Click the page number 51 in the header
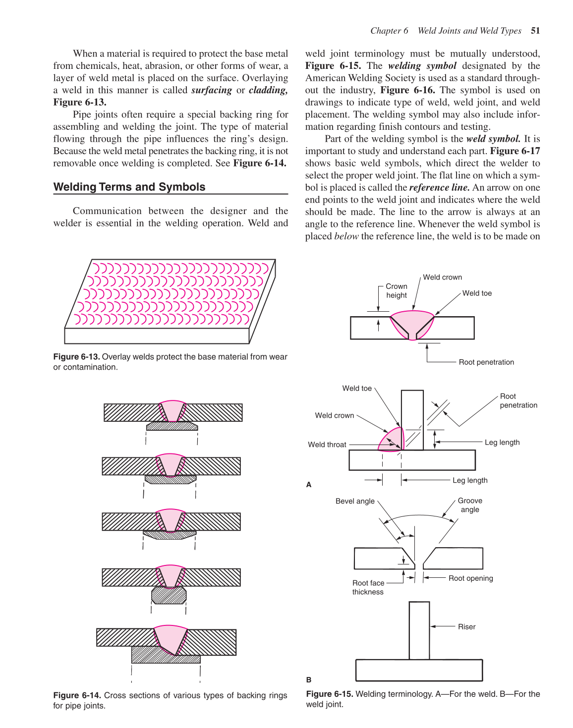click(x=535, y=31)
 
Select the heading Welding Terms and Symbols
click(x=129, y=187)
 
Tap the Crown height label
click(x=397, y=291)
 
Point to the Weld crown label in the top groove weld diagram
click(x=442, y=278)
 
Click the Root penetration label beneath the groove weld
click(x=486, y=362)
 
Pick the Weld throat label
click(x=327, y=445)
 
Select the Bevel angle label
click(x=355, y=501)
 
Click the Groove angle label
click(x=470, y=505)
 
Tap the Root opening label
click(x=470, y=578)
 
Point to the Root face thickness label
click(x=368, y=587)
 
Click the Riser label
click(x=466, y=627)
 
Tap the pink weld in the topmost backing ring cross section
click(x=172, y=411)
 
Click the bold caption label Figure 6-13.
click(x=76, y=357)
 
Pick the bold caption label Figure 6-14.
click(x=76, y=695)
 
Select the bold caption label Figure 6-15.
click(x=329, y=694)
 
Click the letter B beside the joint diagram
click(x=309, y=680)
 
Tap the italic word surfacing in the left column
click(x=211, y=90)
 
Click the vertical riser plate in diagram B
click(x=419, y=630)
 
